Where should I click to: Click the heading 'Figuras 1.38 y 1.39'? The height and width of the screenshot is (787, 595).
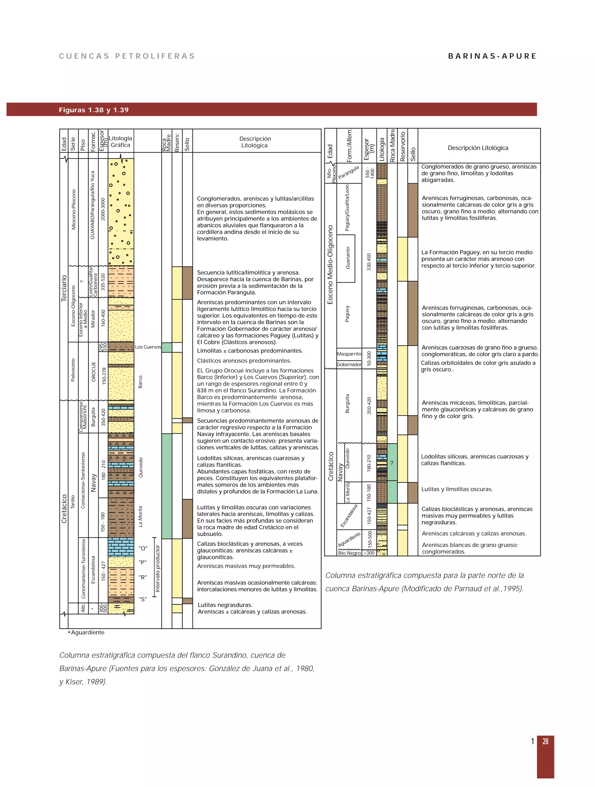click(x=94, y=110)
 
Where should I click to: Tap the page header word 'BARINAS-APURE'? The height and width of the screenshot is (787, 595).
click(x=492, y=56)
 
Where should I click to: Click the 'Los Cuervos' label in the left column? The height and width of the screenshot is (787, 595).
click(x=148, y=347)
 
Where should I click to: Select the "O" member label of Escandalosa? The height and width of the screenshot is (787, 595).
click(x=143, y=548)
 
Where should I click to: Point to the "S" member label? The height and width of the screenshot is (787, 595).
click(x=143, y=599)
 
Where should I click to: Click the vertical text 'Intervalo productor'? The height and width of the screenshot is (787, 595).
click(x=158, y=569)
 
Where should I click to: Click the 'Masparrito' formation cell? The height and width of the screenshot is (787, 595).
click(x=349, y=354)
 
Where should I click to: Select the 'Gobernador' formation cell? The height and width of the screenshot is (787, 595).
click(x=349, y=364)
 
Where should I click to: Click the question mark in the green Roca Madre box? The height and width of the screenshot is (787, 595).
click(x=392, y=463)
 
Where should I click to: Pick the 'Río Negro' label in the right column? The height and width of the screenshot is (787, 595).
click(x=349, y=553)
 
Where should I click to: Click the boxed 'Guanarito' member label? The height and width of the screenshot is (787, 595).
click(x=348, y=258)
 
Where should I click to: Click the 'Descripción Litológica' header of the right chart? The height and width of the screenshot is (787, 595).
click(x=478, y=148)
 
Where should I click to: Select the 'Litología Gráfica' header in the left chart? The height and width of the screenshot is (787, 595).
click(x=120, y=141)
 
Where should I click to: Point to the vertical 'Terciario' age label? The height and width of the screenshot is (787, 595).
click(x=64, y=288)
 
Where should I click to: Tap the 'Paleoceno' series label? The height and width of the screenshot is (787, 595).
click(x=73, y=370)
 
